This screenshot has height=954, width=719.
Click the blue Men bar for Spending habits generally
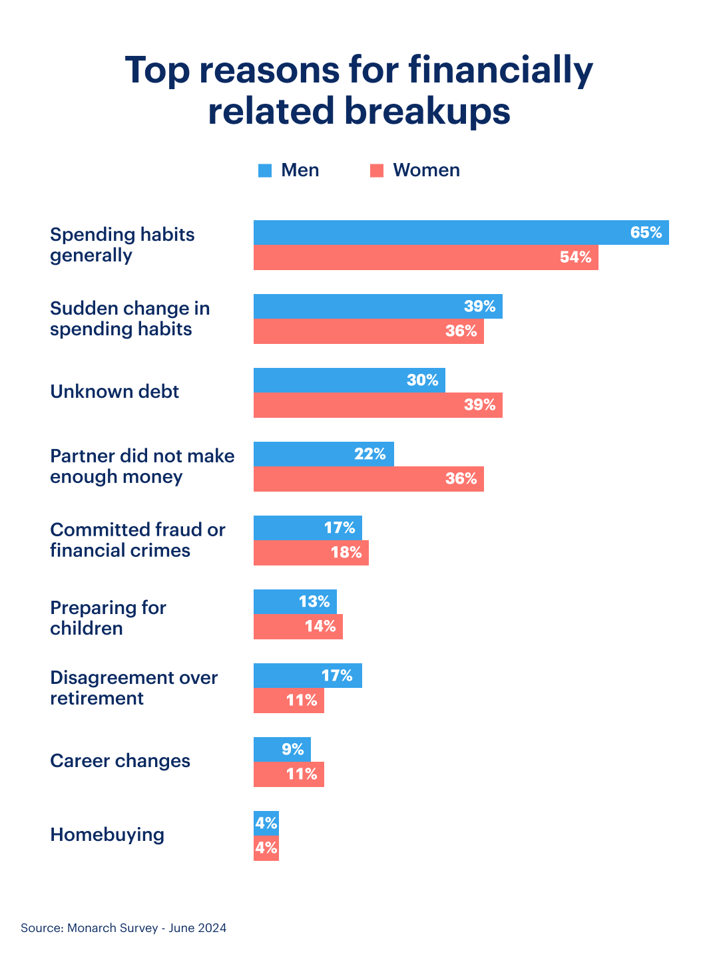[x=461, y=233]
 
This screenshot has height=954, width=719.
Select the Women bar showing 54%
[x=425, y=257]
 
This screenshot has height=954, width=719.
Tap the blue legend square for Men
[x=265, y=171]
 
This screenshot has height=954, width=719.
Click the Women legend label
[x=426, y=170]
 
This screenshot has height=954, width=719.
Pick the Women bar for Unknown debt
[x=377, y=405]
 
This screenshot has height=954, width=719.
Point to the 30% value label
[x=423, y=380]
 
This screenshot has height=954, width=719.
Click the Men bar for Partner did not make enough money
[x=324, y=454]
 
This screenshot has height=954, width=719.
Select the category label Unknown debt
[x=115, y=391]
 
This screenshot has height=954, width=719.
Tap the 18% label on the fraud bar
[x=346, y=553]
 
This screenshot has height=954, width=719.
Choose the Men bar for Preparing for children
[x=295, y=601]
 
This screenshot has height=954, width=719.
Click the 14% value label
[x=320, y=626]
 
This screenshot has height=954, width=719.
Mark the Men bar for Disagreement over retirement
[x=308, y=675]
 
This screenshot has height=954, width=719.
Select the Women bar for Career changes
[x=288, y=774]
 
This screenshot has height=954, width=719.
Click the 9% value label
[x=292, y=749]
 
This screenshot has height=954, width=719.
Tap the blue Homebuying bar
[x=266, y=823]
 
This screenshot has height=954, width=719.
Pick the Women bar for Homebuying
[x=266, y=848]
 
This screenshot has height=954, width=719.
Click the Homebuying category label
[x=107, y=834]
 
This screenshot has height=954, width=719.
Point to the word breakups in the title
[x=427, y=111]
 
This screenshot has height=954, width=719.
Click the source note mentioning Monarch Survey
[x=123, y=928]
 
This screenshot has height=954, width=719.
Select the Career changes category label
[x=120, y=760]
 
